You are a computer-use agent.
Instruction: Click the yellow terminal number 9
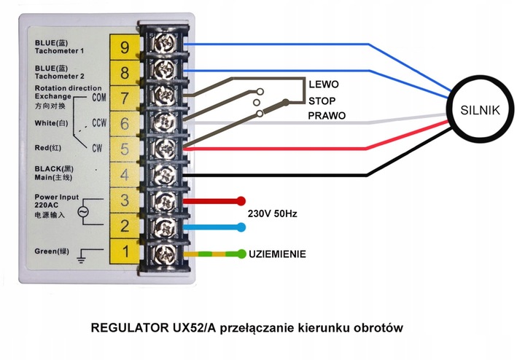tap(125, 47)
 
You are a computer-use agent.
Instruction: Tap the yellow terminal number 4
tap(125, 175)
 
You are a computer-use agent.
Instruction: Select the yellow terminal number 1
tap(125, 252)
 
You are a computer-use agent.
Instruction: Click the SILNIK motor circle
tap(479, 110)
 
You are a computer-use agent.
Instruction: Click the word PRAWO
tap(327, 116)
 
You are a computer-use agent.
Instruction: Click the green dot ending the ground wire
tap(241, 254)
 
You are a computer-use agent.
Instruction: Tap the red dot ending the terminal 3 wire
tap(241, 200)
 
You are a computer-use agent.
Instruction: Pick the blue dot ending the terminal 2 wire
tap(241, 227)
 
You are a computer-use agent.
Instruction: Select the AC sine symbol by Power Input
tap(82, 212)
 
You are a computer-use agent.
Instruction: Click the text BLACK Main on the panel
tap(55, 173)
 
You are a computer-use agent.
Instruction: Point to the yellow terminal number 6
tap(125, 123)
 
